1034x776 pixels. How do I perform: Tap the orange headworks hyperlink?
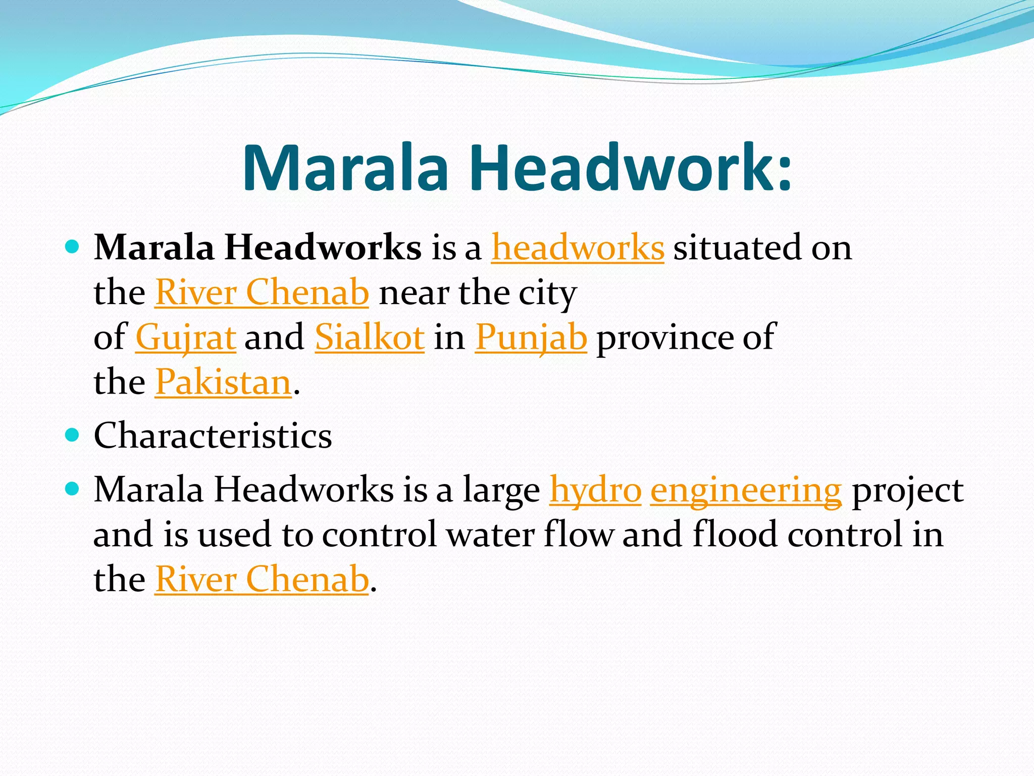(578, 248)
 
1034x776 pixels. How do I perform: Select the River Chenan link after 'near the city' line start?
(262, 293)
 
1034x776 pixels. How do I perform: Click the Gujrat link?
(185, 337)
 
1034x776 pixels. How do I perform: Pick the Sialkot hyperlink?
(370, 337)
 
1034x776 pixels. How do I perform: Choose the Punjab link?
(531, 337)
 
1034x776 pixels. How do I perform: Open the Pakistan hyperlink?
(223, 382)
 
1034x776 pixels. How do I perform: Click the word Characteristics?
(213, 435)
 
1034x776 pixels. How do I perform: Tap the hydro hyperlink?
(595, 490)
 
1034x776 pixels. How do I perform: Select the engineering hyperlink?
(746, 490)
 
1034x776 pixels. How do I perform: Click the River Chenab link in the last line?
(262, 579)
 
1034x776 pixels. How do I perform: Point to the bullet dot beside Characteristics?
(73, 434)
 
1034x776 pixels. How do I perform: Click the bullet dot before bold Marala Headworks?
(73, 247)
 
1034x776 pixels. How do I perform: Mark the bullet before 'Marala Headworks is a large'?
(73, 489)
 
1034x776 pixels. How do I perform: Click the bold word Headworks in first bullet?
(323, 248)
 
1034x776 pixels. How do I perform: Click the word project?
(908, 490)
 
